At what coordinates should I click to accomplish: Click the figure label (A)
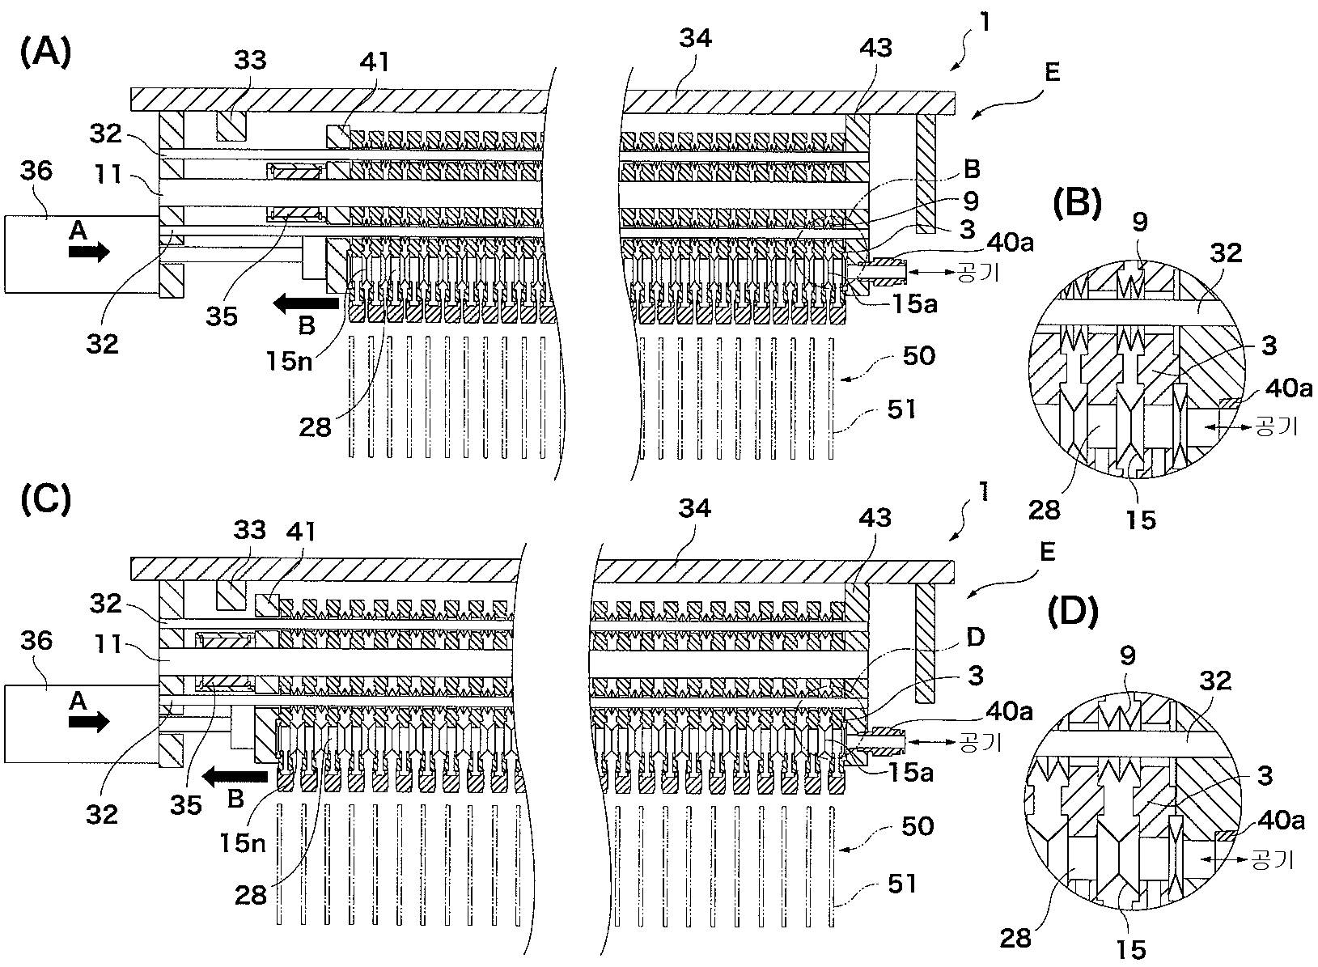46,52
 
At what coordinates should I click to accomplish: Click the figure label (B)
1077,204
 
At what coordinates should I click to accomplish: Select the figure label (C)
46,498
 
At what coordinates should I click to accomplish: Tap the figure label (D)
1073,613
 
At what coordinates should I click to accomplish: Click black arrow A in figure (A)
89,252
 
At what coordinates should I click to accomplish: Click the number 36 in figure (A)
36,171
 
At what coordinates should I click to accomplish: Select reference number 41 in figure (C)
301,532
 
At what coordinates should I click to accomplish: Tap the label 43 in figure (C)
875,518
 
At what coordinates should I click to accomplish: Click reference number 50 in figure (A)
918,355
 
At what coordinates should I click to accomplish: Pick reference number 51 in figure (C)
901,884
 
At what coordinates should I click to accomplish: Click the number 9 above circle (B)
1140,222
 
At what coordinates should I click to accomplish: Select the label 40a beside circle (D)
1281,820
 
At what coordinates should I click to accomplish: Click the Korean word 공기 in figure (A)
978,272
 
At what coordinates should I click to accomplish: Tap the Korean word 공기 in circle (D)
1272,859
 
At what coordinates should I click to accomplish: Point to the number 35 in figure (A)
221,316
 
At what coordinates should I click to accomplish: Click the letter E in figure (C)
1047,552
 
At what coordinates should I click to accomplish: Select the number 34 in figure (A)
696,38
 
